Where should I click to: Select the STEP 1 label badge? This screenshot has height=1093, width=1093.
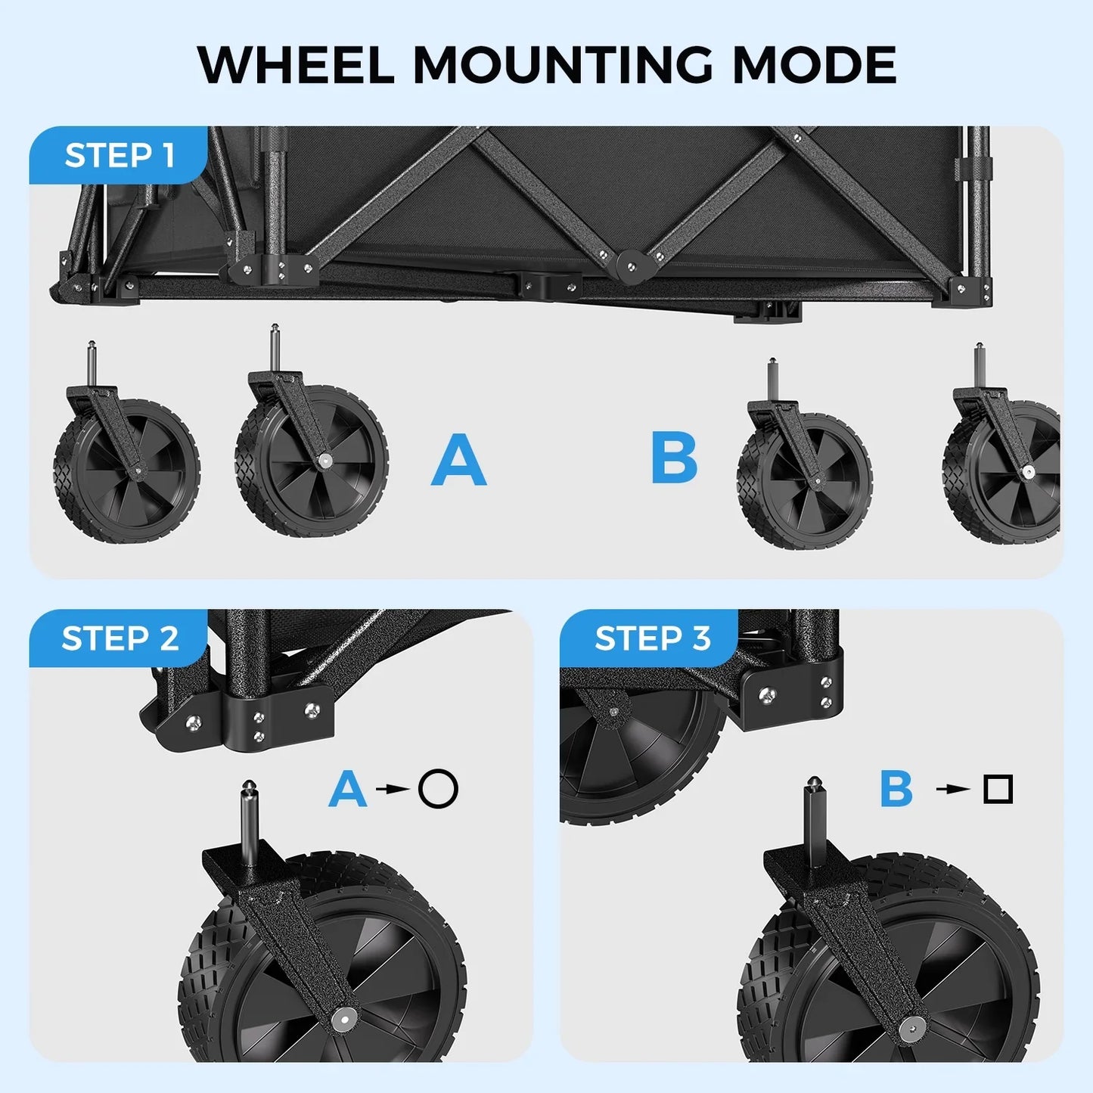coord(119,156)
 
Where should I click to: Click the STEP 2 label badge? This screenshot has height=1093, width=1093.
coord(119,638)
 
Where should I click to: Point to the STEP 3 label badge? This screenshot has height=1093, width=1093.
coord(651,638)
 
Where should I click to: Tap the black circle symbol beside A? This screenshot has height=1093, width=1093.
coord(439,789)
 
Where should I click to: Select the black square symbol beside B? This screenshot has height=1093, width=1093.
coord(998,789)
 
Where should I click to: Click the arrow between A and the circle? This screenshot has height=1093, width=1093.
coord(392,789)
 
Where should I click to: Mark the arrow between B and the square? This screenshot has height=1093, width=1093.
coord(952,789)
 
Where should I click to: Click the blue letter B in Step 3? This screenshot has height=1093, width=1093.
coord(896,789)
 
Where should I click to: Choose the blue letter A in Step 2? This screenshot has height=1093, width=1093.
coord(348,789)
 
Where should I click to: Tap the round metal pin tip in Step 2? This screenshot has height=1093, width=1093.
coord(248,787)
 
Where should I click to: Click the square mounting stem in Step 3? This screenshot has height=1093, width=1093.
coord(815,824)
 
